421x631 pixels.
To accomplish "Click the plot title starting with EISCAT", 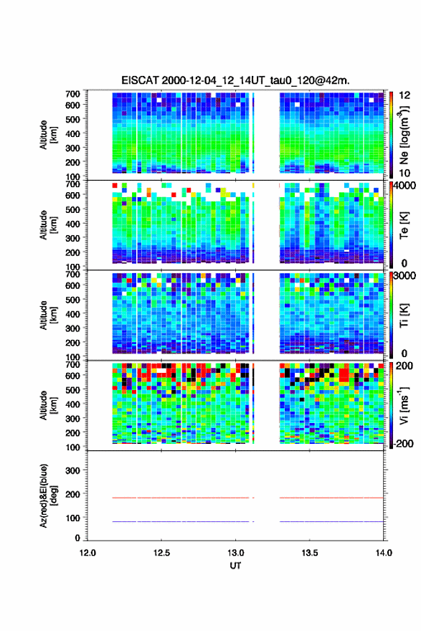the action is [x=235, y=80].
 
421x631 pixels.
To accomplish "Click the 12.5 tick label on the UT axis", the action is [x=161, y=553].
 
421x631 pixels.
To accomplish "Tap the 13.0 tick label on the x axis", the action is [x=235, y=553].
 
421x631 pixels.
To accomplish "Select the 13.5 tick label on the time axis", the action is [x=310, y=553].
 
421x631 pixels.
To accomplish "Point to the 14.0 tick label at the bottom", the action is [x=384, y=553].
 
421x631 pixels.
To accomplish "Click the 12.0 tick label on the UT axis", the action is [x=87, y=553].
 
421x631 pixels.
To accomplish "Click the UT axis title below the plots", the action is [x=235, y=566].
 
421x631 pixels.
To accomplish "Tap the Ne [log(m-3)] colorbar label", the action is [x=404, y=135].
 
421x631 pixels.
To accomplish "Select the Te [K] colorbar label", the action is [x=404, y=225].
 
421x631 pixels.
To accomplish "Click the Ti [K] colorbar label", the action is [x=404, y=315].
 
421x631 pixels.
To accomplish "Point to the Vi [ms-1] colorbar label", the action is [x=404, y=405].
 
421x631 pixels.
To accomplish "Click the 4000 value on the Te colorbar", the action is [x=405, y=186].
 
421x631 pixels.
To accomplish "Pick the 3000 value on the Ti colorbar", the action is [x=405, y=275].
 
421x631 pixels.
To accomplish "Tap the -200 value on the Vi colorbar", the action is [x=403, y=443].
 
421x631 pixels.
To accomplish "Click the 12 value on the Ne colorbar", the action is [x=405, y=95].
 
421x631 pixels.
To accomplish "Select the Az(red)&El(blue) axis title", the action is [x=48, y=495].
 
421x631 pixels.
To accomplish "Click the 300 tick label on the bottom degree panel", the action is [x=72, y=470].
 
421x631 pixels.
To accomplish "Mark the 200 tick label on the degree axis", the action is [x=72, y=494].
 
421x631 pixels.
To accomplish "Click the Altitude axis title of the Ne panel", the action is [x=48, y=135].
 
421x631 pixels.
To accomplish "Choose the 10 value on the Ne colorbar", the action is [x=405, y=173].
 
